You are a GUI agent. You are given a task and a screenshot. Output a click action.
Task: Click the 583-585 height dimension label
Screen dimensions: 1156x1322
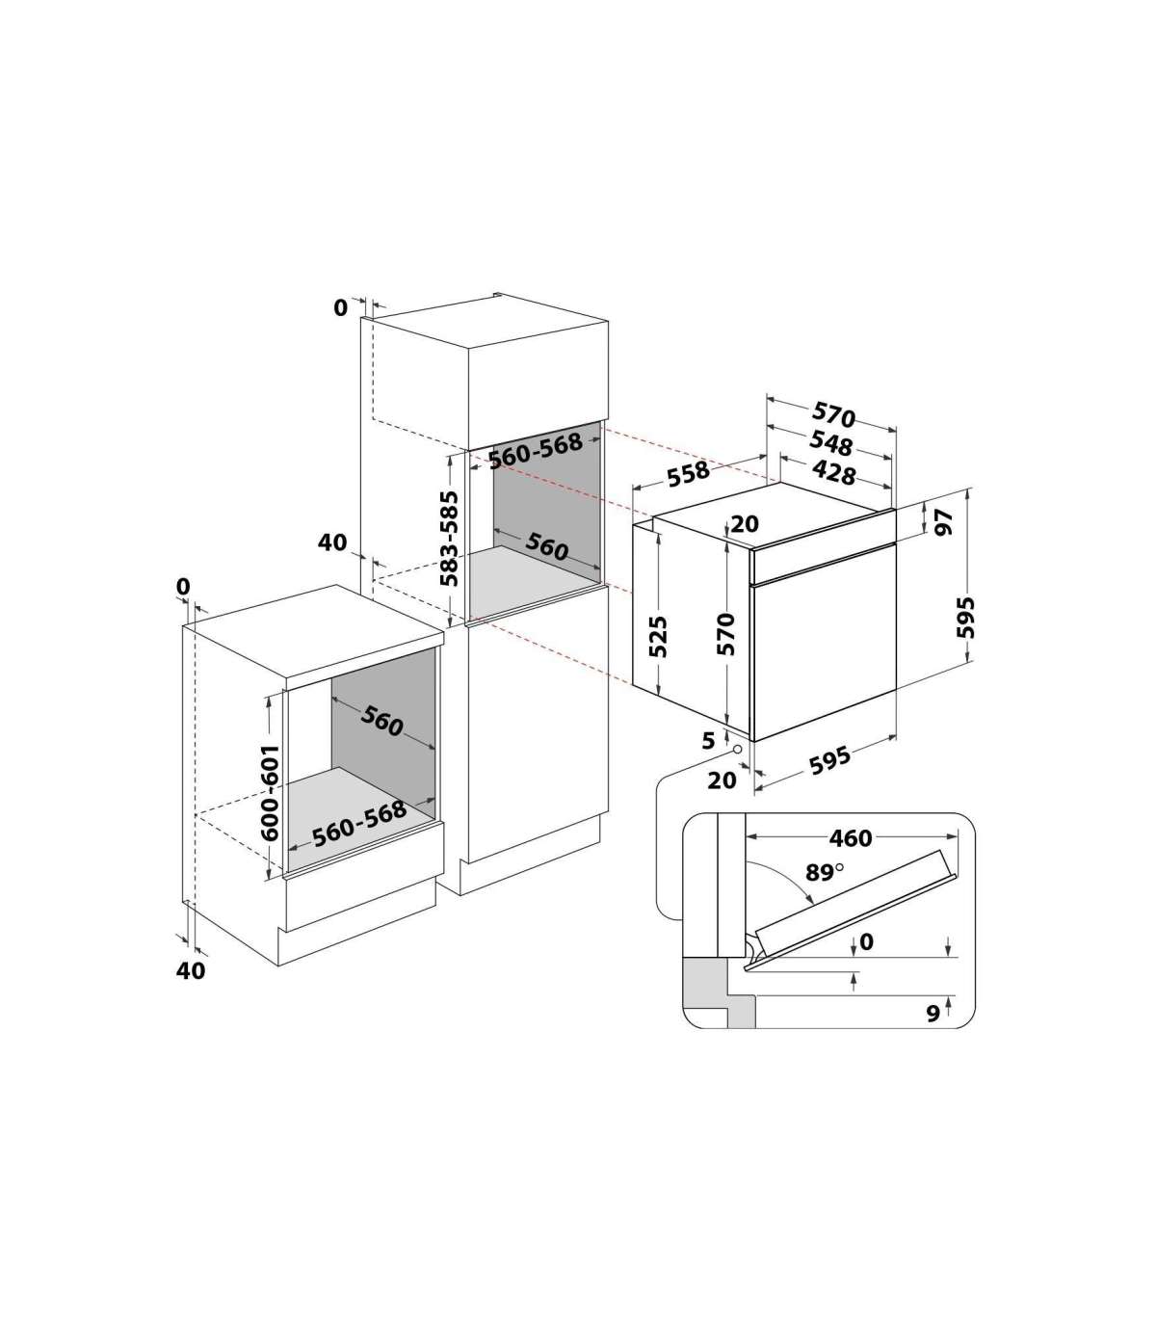pos(449,539)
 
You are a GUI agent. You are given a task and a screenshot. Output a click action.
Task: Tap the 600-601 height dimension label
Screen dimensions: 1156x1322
pos(270,793)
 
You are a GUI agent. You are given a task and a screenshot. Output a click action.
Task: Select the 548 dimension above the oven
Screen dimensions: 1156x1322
pos(830,443)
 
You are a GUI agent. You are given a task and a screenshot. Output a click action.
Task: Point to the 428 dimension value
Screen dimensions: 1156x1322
pos(833,472)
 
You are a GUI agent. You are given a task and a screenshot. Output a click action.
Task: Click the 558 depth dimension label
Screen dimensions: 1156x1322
pos(689,473)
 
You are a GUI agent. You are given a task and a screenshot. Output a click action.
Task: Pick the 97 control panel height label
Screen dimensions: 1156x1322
pos(943,521)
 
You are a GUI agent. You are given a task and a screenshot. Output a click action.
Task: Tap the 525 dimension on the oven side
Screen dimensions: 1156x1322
pos(657,637)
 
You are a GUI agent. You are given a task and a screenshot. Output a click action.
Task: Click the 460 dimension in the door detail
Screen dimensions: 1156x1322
pos(851,838)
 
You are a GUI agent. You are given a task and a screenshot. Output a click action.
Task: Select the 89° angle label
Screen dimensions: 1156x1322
pos(824,872)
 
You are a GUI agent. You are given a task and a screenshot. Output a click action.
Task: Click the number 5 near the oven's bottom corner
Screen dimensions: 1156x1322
pos(708,740)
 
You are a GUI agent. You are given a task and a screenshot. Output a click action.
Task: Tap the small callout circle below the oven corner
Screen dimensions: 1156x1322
pos(737,749)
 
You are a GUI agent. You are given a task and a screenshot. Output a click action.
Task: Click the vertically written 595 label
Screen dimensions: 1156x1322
pos(965,617)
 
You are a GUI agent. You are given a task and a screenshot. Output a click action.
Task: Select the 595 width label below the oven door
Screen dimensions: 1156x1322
pos(829,760)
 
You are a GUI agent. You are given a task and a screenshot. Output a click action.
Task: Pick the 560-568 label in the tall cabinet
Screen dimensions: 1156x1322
pos(536,450)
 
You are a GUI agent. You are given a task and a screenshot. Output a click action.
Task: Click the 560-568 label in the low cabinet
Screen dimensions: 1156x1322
pos(359,823)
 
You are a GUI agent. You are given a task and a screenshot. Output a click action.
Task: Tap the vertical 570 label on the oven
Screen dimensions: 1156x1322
pos(726,634)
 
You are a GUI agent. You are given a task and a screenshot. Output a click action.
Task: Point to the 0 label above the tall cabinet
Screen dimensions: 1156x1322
pos(340,307)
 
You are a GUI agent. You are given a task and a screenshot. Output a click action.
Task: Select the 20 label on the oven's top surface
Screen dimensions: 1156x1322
pos(745,523)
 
